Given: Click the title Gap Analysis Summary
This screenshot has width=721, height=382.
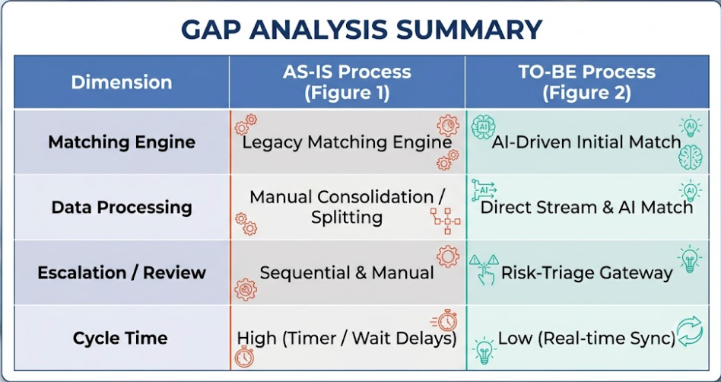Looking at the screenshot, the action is click(x=361, y=29).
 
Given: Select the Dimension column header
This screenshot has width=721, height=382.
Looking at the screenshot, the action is click(x=122, y=82).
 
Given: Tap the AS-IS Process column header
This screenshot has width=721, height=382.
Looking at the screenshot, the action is click(x=347, y=82).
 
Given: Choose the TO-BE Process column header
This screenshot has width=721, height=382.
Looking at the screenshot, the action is click(x=586, y=82).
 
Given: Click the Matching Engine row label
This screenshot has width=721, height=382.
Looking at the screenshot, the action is click(x=122, y=142).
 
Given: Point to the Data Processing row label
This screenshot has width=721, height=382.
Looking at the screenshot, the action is click(x=122, y=207).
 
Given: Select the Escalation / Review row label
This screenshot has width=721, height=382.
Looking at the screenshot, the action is click(x=122, y=272).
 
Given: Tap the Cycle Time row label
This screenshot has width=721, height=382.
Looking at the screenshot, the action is click(x=120, y=339).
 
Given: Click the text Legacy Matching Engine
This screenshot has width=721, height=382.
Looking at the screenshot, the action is click(x=347, y=142).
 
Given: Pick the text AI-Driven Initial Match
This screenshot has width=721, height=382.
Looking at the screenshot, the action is click(x=586, y=142).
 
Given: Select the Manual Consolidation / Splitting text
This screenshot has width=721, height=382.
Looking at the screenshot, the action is click(x=347, y=207).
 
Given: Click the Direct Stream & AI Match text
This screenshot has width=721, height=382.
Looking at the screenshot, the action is click(x=586, y=207).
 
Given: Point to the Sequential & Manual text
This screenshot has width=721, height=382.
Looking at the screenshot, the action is click(x=347, y=273).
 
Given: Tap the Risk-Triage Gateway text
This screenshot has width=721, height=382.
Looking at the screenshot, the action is click(x=586, y=273).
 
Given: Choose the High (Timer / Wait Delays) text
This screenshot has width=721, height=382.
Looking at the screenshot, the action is click(x=347, y=339).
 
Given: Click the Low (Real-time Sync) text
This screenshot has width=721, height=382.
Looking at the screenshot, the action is click(x=586, y=339).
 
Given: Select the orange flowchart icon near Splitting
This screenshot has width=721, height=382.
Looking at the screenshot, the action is click(x=445, y=221).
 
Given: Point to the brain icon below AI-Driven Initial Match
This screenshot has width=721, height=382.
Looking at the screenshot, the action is click(x=690, y=157).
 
